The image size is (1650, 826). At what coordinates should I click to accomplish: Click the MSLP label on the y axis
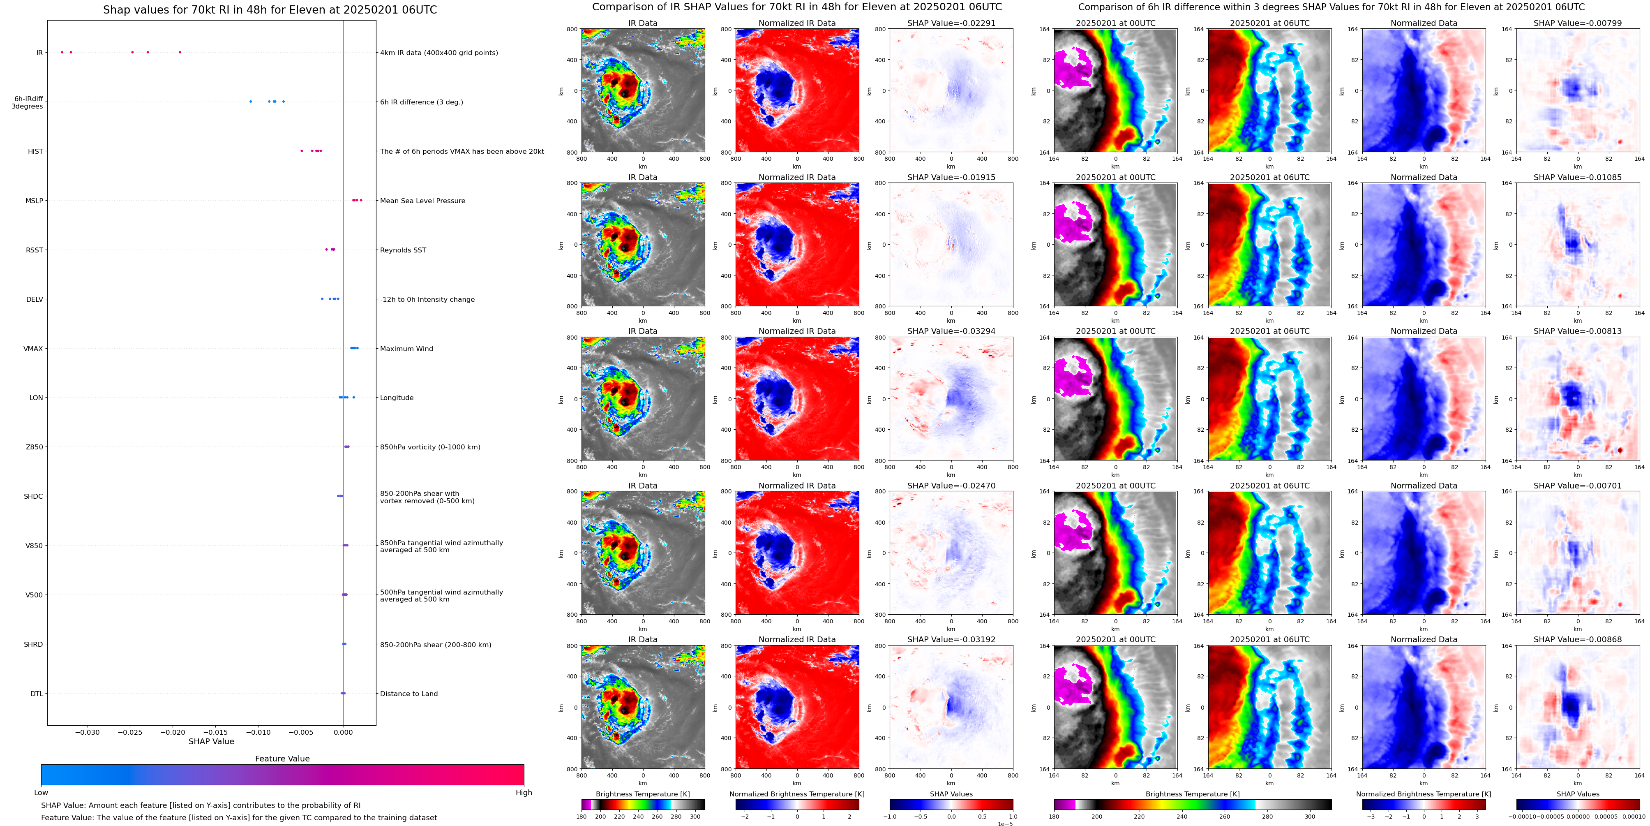point(34,201)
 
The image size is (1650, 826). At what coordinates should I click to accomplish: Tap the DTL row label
point(37,693)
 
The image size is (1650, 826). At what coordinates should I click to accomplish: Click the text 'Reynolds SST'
point(403,250)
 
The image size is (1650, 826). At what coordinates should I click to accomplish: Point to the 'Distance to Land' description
point(408,693)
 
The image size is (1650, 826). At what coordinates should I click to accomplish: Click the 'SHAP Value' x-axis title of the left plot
point(211,741)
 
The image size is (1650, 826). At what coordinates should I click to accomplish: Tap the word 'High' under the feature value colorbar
point(523,793)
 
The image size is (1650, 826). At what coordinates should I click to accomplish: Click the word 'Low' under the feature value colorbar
point(41,793)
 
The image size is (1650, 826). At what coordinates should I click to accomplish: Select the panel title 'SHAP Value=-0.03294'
point(951,331)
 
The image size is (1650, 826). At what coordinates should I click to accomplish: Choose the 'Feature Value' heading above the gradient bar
point(282,759)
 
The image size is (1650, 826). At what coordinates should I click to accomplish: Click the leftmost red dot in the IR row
point(62,52)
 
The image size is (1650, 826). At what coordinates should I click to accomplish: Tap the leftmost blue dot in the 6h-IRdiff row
point(250,101)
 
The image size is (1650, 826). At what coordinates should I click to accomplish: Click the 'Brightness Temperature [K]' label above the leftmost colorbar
point(642,794)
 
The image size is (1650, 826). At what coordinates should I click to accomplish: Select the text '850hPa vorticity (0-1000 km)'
point(430,447)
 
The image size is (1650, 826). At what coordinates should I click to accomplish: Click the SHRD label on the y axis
point(33,644)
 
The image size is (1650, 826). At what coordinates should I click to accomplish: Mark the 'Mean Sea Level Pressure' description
point(422,201)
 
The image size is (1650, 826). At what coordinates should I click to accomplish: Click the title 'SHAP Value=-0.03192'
point(951,639)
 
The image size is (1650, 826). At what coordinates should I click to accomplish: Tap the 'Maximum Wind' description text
point(406,349)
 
